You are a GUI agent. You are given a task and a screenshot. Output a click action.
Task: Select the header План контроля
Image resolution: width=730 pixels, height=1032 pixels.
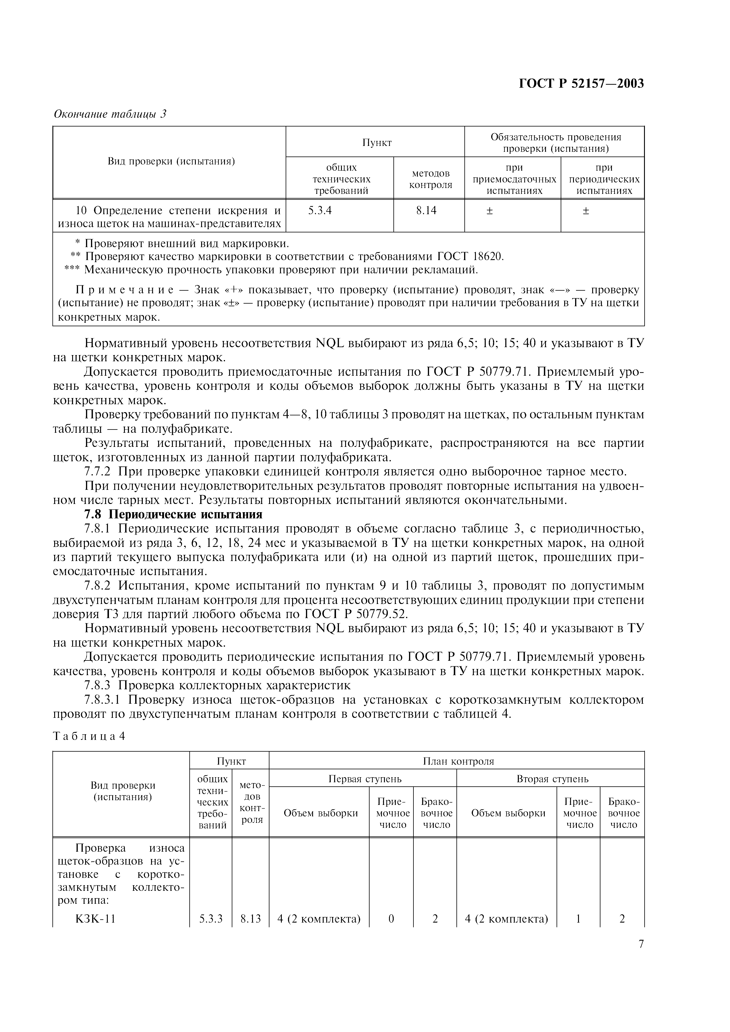coord(458,761)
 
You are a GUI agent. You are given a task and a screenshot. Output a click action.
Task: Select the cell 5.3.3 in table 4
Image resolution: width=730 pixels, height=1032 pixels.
coord(211,919)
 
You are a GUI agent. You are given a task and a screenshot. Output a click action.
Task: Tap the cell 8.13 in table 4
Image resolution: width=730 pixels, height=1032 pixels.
coord(251,919)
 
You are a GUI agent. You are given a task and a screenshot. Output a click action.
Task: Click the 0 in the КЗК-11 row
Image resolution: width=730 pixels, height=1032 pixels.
coord(391,919)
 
